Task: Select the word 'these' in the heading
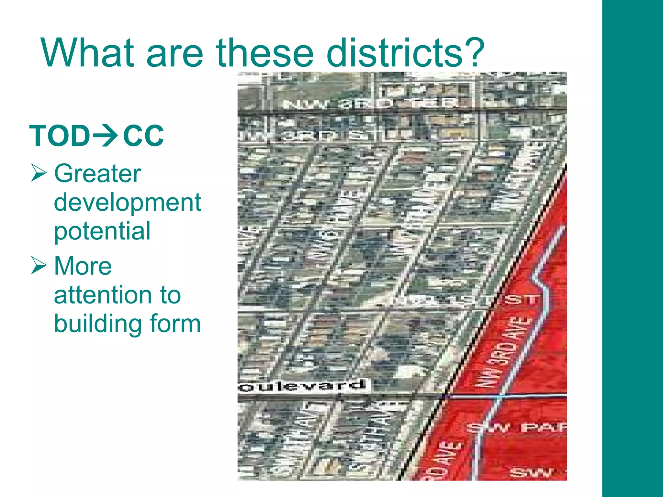coord(265,52)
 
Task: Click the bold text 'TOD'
coord(60,136)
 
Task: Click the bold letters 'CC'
coord(143,136)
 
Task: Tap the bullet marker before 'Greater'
coord(39,173)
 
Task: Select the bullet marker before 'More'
coord(39,265)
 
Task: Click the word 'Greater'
coord(97,173)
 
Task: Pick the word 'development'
coord(127,203)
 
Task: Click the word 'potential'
coord(102,231)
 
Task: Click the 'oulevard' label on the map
coord(303,386)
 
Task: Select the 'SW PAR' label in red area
coord(518,428)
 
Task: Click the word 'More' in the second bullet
coord(83,266)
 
